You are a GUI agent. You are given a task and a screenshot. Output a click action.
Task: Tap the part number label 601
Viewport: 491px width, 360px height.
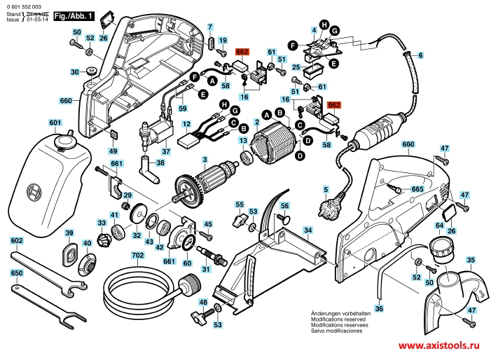tap(55, 123)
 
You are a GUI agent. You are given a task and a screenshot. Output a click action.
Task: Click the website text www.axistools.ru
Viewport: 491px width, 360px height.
tap(443, 346)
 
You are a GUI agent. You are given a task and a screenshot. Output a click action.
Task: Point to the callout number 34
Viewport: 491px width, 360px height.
tap(307, 230)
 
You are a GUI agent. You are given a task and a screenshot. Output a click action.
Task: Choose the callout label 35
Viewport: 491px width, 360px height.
tap(471, 260)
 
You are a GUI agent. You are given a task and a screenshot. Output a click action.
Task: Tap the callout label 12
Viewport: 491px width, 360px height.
tap(187, 124)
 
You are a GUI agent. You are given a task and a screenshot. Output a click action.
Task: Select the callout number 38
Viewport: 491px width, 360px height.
tap(161, 163)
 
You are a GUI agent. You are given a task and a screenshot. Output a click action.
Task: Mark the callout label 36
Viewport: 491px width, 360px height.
tap(379, 308)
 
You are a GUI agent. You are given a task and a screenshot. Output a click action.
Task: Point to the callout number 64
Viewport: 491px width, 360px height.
tap(439, 226)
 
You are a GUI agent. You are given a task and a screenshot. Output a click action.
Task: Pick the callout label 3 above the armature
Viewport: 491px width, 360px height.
tap(205, 160)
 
